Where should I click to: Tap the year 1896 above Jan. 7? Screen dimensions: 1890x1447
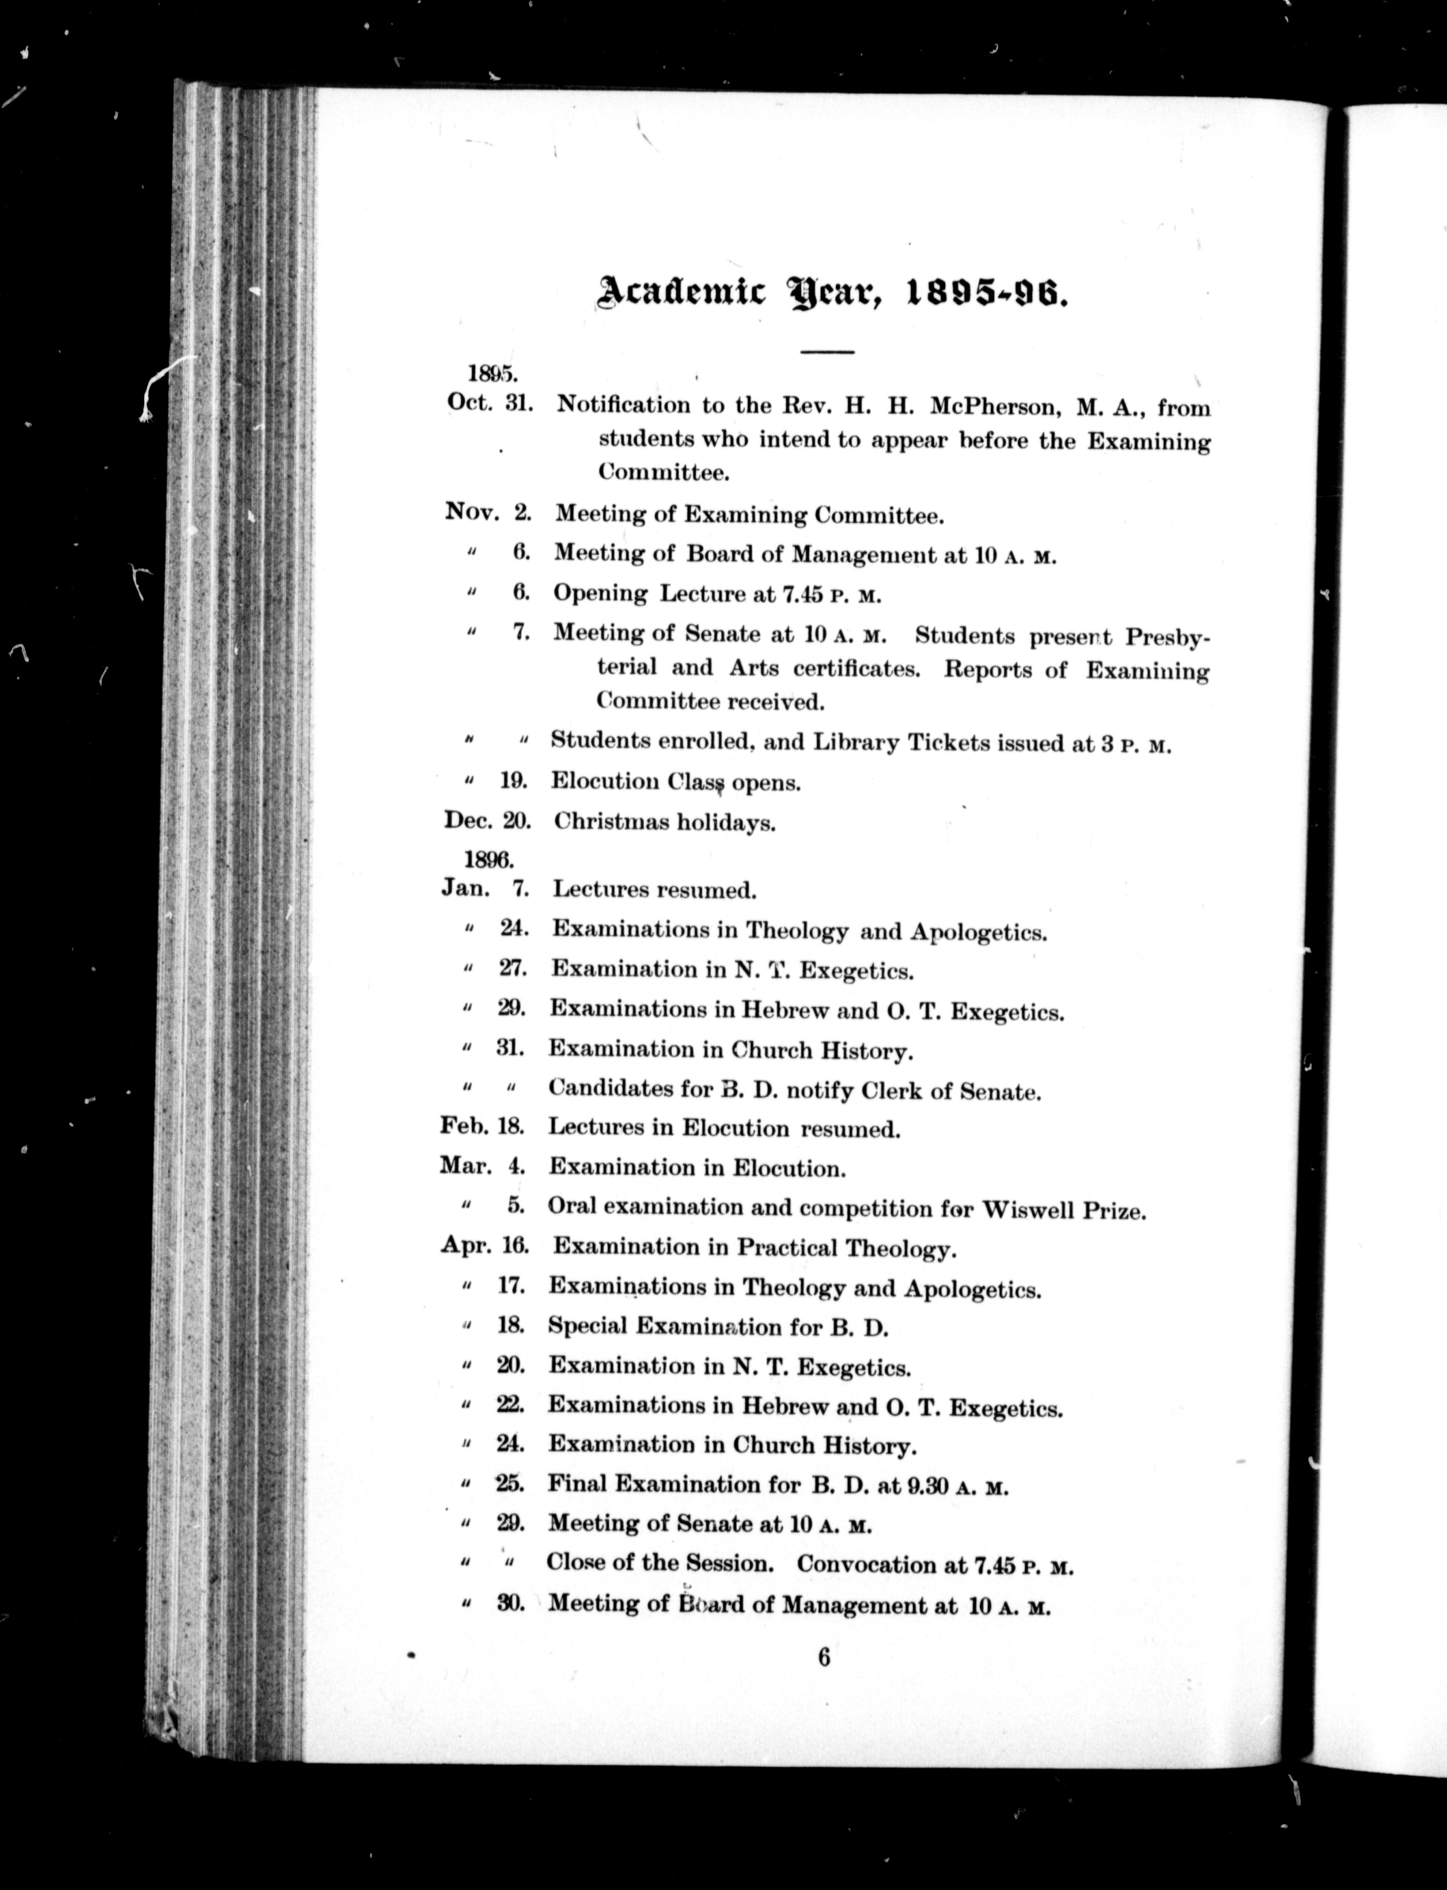click(x=488, y=859)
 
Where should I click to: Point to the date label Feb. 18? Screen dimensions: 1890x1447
click(x=484, y=1126)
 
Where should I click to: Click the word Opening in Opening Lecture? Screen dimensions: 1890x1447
click(x=600, y=594)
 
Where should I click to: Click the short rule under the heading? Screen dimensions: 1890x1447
click(x=826, y=351)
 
